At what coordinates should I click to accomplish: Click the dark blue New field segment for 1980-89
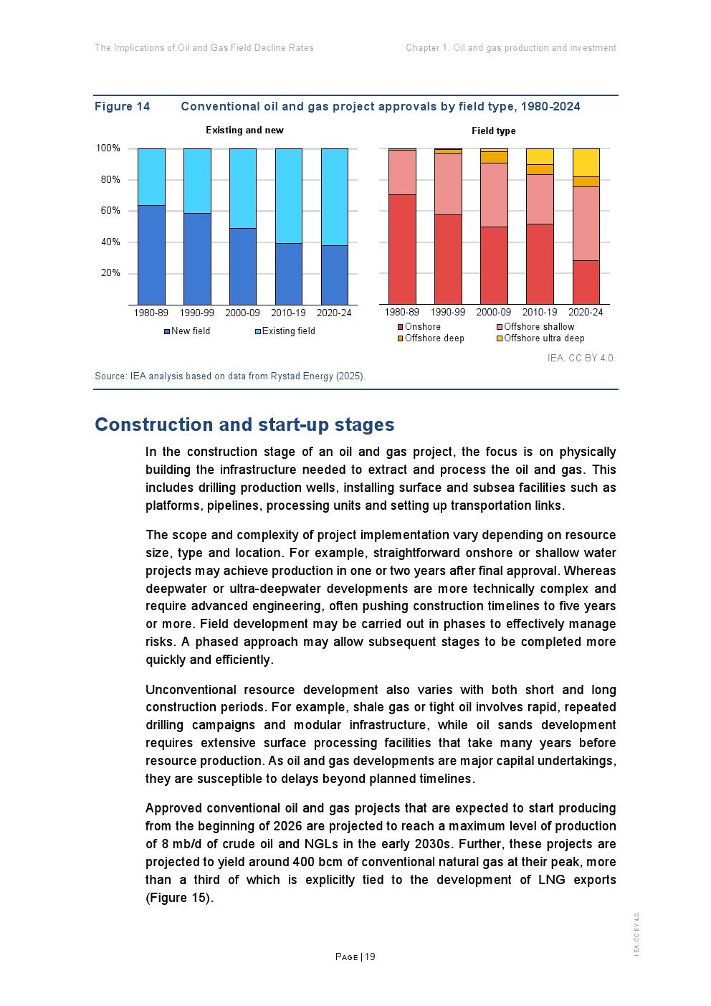point(151,255)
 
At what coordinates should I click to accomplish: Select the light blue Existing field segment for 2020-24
point(335,197)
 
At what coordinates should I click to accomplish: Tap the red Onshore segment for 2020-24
point(586,282)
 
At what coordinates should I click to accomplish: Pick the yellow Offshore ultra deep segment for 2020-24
point(586,162)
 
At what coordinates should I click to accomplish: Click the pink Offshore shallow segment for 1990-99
point(448,184)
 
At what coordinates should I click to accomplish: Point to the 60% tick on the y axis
point(110,211)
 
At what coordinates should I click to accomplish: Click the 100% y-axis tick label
point(108,148)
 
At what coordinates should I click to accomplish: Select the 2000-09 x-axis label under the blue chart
point(242,313)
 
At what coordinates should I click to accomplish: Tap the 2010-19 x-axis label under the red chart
point(540,313)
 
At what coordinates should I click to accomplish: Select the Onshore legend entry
point(422,327)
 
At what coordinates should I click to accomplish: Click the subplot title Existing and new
point(244,131)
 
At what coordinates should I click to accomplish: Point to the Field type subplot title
point(493,131)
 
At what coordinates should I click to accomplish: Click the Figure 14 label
point(123,107)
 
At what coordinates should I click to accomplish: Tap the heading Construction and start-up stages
point(244,424)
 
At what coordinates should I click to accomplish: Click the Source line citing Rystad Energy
point(230,376)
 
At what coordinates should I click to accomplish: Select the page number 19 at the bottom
point(370,957)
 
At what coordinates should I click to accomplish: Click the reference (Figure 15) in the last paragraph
point(179,898)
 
